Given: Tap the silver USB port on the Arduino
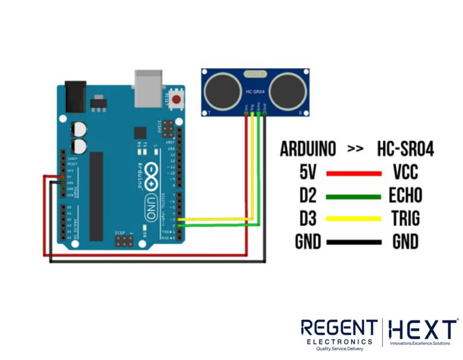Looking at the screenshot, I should click(148, 84).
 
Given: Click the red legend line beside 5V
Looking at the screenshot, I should click(353, 174).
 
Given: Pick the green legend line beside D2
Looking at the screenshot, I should click(353, 197).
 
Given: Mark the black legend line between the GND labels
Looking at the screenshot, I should click(353, 242).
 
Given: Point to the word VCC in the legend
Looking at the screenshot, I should click(406, 174).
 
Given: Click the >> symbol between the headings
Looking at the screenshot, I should click(356, 150).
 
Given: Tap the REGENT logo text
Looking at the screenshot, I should click(339, 329).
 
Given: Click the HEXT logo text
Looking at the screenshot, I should click(422, 329).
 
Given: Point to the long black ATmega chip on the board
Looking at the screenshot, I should click(96, 197).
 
